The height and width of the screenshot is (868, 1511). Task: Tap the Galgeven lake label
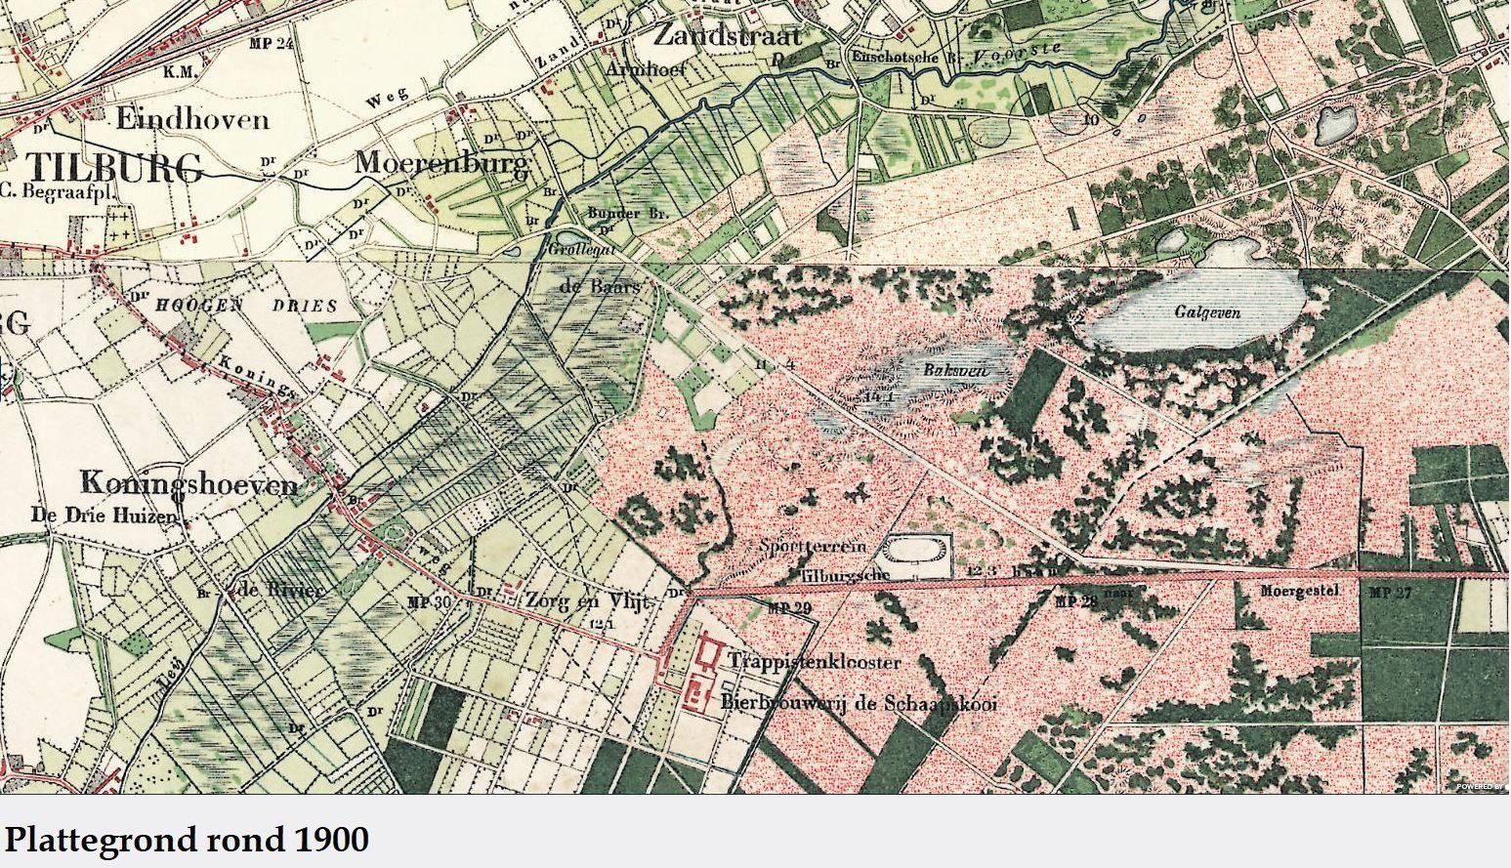coord(1207,312)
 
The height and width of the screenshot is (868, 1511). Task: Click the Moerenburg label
coord(441,162)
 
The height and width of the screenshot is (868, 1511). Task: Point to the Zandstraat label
coord(727,37)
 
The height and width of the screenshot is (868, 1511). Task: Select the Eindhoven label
coord(192,120)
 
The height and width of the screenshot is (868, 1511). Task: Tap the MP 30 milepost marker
coord(430,601)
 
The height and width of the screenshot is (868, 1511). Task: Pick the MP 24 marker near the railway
coord(272,44)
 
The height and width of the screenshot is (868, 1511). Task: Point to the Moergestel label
coord(1297,591)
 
